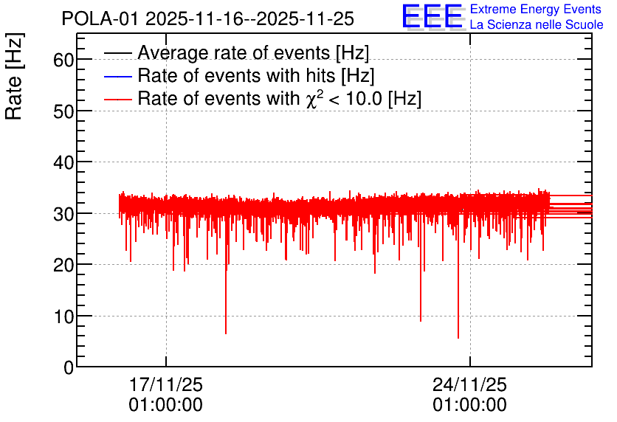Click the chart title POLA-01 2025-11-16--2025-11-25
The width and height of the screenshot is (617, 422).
point(208,18)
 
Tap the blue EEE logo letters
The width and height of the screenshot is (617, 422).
point(432,16)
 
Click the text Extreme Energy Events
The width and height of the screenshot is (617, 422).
point(536,9)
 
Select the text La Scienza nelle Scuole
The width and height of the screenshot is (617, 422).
point(537,24)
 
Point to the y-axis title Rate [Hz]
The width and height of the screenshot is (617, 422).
point(14,76)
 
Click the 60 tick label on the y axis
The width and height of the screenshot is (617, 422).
point(63,60)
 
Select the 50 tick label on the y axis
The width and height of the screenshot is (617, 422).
point(63,111)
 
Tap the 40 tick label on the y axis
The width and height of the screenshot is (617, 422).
point(63,162)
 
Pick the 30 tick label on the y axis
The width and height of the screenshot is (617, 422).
point(63,214)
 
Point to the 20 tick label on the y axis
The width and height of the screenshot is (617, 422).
point(63,266)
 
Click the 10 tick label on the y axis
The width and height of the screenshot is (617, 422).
point(63,316)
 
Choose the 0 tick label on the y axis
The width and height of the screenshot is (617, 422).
point(69,367)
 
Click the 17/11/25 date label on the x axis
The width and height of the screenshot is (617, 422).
point(165,384)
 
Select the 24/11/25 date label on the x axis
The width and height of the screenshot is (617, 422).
point(470,384)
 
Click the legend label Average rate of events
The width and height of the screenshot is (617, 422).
point(253,52)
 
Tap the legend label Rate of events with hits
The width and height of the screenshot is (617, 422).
point(256,75)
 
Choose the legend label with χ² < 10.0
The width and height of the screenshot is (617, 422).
point(280,98)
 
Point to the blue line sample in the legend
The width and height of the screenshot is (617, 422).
point(117,76)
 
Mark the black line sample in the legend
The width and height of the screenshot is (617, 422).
point(117,53)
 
